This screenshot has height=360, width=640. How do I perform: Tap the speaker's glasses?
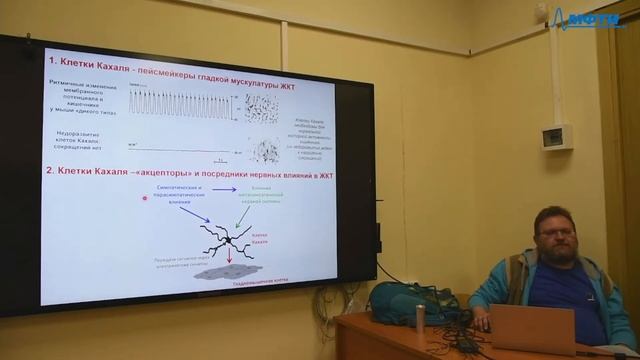554,230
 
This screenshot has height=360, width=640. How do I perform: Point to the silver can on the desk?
421,318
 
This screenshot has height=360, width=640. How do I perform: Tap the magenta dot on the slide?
146,198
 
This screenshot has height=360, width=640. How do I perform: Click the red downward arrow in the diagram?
228,259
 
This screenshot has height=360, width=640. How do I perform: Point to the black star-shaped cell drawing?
228,240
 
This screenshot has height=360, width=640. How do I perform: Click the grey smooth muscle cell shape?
228,274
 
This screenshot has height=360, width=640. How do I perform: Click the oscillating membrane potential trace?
181,104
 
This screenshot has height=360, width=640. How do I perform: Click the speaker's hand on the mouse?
484,323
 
